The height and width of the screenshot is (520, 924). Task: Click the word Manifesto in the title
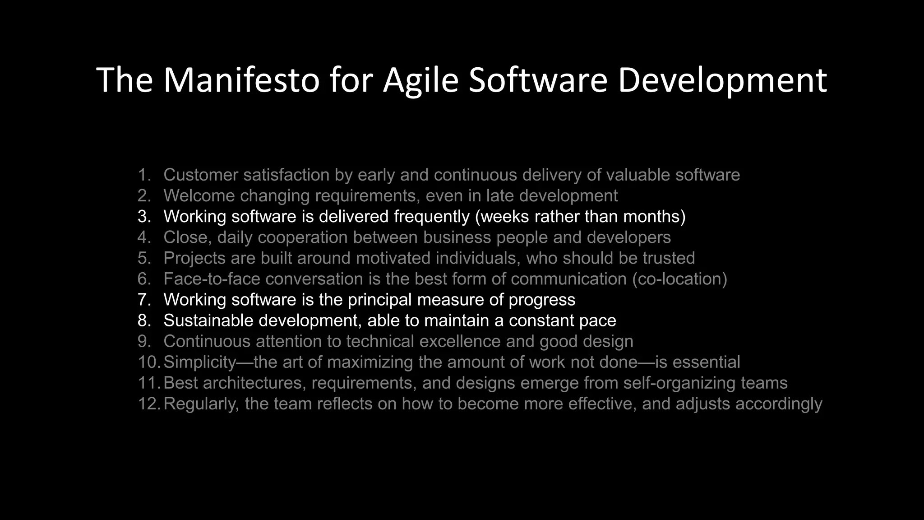pos(241,80)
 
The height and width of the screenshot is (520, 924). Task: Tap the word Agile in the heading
pos(420,80)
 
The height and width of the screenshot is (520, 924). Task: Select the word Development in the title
pos(722,80)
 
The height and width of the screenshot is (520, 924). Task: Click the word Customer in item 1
pos(201,175)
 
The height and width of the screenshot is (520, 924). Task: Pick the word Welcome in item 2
pos(199,196)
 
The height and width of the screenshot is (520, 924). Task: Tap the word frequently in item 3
pos(432,217)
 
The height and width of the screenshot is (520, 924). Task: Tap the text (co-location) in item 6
pos(679,279)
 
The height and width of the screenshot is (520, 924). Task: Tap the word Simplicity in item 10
pos(200,362)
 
